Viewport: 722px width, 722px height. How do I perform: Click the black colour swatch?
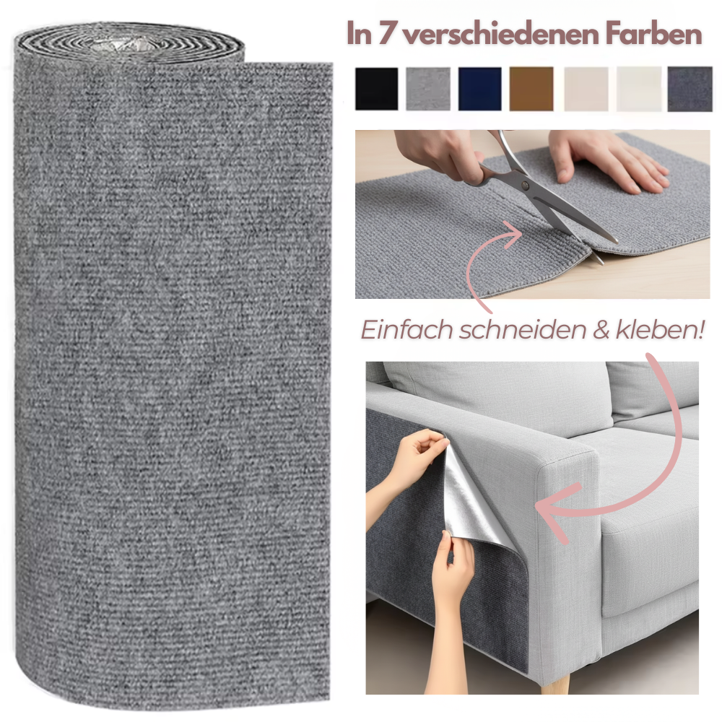click(x=376, y=89)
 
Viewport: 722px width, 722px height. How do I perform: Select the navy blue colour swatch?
click(x=479, y=89)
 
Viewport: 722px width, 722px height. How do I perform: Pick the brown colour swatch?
click(x=531, y=89)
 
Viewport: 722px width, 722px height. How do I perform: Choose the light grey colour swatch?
click(x=427, y=89)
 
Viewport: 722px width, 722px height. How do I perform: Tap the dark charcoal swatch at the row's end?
click(x=690, y=89)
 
